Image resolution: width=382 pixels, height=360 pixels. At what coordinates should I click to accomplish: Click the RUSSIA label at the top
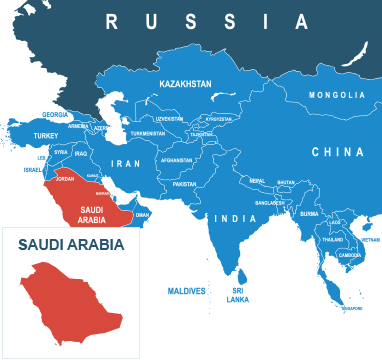click(207, 20)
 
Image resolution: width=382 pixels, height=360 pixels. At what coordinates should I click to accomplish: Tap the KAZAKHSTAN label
click(186, 85)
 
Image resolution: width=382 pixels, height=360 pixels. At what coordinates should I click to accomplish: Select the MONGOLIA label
click(337, 95)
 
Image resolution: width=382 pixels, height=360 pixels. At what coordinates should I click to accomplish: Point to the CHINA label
click(337, 152)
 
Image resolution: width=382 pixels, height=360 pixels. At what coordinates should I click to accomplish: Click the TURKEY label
click(46, 135)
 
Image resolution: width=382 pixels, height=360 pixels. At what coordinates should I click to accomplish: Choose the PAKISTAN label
click(184, 184)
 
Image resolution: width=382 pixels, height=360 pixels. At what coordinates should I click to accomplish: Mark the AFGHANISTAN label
click(176, 160)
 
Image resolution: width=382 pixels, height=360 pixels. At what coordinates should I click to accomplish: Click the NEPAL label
click(257, 181)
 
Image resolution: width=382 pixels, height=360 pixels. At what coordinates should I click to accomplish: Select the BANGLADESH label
click(270, 202)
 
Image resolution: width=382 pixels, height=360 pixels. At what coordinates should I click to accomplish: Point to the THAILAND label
click(333, 240)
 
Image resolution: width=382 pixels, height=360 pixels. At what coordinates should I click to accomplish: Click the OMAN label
click(142, 214)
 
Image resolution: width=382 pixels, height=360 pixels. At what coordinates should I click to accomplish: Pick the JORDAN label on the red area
click(66, 179)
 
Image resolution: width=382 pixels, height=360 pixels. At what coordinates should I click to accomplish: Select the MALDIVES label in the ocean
click(186, 291)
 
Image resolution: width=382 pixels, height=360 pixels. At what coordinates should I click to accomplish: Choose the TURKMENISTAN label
click(147, 133)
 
